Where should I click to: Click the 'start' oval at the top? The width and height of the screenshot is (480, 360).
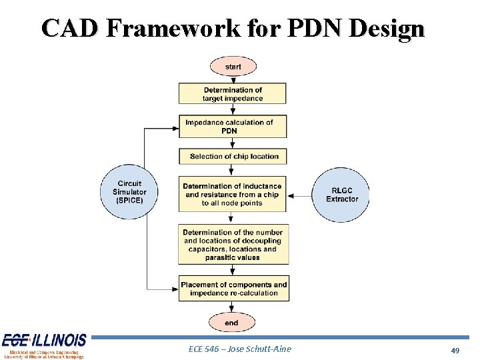233,67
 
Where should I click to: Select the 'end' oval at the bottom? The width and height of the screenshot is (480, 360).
231,323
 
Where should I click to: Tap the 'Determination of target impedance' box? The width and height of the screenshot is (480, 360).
233,94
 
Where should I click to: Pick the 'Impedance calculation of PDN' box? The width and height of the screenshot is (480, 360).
233,127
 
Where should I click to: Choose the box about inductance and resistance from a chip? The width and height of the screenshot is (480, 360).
233,195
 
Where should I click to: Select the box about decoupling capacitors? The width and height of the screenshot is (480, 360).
233,245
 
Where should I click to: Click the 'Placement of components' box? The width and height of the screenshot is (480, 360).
233,289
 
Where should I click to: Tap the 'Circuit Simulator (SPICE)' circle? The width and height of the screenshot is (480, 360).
129,192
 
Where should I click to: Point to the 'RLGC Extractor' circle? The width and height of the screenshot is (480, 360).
341,195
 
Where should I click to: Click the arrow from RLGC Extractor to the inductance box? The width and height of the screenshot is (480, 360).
301,195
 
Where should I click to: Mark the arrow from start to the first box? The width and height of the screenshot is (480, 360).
233,79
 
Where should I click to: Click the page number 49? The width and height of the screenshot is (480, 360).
455,351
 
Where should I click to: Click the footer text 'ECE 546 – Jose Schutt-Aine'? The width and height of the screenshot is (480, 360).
240,349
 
